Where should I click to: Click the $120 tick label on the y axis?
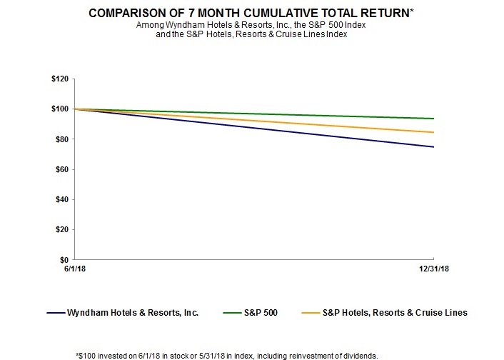pyautogui.click(x=60, y=79)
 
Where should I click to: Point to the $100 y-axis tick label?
pyautogui.click(x=60, y=109)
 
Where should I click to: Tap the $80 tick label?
pyautogui.click(x=61, y=139)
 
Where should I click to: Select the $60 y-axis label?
pyautogui.click(x=61, y=169)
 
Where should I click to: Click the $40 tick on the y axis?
pyautogui.click(x=61, y=199)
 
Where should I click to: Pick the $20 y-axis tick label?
pyautogui.click(x=61, y=230)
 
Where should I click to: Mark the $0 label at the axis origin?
pyautogui.click(x=64, y=260)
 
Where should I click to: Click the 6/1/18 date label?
pyautogui.click(x=75, y=269)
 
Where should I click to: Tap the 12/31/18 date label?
pyautogui.click(x=434, y=269)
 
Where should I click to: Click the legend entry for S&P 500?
pyautogui.click(x=251, y=313)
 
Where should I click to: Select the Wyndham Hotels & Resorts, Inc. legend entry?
pyautogui.click(x=123, y=313)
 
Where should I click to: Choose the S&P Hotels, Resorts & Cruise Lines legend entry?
pyautogui.click(x=385, y=313)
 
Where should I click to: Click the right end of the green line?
pyautogui.click(x=434, y=119)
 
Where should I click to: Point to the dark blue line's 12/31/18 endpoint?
pyautogui.click(x=434, y=147)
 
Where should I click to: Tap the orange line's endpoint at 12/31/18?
pyautogui.click(x=434, y=132)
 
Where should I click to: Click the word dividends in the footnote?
pyautogui.click(x=362, y=356)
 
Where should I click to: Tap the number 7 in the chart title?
pyautogui.click(x=191, y=13)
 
